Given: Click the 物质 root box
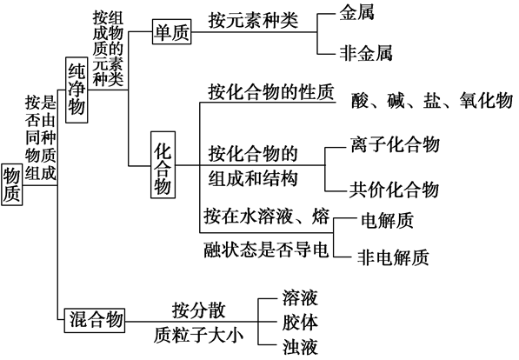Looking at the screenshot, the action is [12, 184].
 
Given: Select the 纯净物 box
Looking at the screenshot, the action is [77, 90].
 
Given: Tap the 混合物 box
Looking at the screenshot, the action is [95, 320].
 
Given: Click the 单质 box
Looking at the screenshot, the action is [172, 32].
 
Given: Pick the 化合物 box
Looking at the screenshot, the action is [163, 164].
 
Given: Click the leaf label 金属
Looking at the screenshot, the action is [356, 13].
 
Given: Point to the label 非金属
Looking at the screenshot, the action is [366, 53].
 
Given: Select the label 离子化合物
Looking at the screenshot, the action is [396, 144].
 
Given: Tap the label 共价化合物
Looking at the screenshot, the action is [394, 190].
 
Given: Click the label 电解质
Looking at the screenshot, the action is [387, 220].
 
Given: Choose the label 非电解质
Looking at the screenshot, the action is [393, 257].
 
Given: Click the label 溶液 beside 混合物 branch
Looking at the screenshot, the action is [300, 297].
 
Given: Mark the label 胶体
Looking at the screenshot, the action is [300, 323].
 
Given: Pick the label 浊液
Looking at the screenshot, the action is [300, 347].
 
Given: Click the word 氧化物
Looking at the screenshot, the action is [486, 100].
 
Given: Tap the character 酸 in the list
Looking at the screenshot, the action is [360, 100].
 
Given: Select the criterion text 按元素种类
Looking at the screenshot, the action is [253, 20].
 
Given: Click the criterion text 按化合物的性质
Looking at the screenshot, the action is [271, 91].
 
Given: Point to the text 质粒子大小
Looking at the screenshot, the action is [198, 336].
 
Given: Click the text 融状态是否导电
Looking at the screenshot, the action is [266, 249].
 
